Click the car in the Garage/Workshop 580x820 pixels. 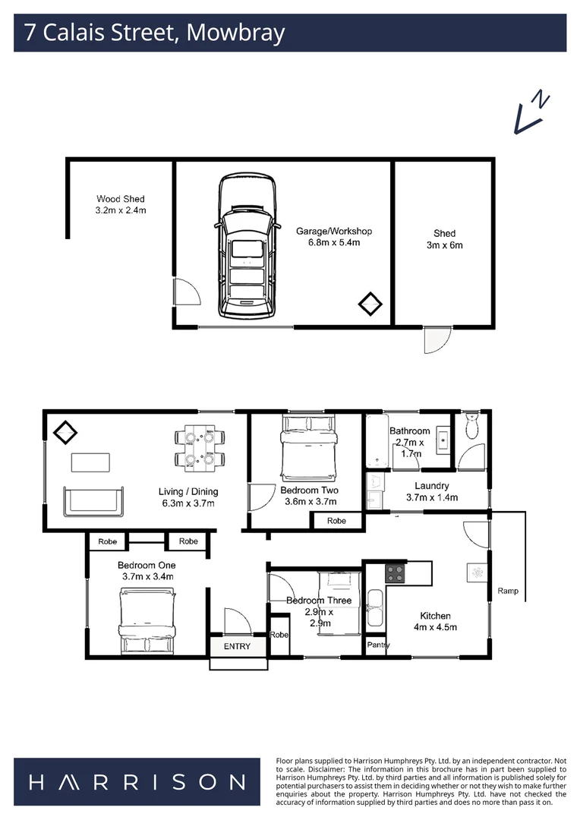pos(246,247)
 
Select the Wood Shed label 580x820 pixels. pos(120,204)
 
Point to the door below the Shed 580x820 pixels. pos(436,339)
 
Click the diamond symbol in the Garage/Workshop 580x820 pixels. pos(370,304)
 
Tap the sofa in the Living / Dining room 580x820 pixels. pos(91,500)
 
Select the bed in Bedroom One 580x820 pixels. pos(147,625)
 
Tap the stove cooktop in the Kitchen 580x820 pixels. pos(396,572)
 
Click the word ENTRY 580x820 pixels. pos(236,646)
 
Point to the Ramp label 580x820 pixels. pos(508,591)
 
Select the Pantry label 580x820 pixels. pos(378,645)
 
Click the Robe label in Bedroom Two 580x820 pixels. pos(336,521)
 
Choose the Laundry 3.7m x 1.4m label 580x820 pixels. pos(432,491)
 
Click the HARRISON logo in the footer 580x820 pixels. pos(137,782)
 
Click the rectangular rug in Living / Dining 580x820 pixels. pos(90,462)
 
